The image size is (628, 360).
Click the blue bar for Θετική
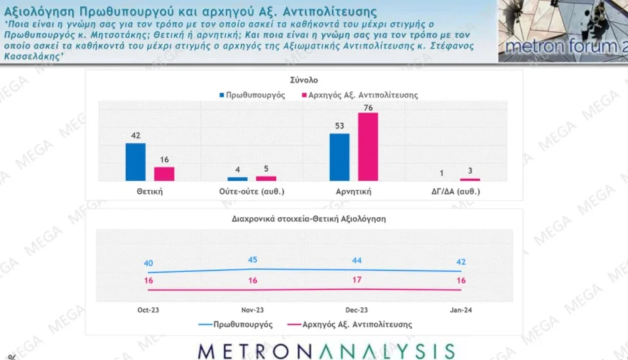135,162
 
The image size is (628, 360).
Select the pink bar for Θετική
164,174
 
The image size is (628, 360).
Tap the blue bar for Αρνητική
339,157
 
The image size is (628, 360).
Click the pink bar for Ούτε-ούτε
266,178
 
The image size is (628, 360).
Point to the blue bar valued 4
237,179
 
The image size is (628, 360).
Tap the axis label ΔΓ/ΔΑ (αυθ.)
456,192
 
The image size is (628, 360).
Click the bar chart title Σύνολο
304,80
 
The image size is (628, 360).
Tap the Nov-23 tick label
252,310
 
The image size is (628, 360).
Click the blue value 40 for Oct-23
149,263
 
